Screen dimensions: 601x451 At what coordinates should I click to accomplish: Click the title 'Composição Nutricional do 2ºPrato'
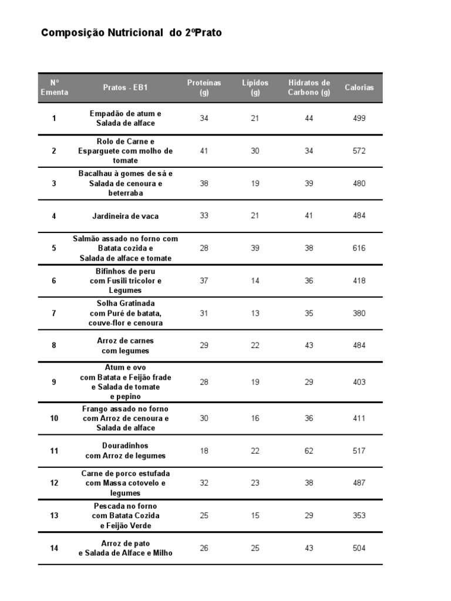(x=132, y=33)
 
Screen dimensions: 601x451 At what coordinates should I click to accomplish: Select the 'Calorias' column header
(x=359, y=87)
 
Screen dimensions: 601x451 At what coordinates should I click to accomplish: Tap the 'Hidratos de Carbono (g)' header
(x=309, y=87)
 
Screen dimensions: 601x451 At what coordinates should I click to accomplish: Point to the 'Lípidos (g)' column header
(x=255, y=87)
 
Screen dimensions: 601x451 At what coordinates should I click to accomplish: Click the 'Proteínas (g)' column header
(x=204, y=87)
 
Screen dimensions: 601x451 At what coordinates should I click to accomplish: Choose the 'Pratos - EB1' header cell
(x=126, y=87)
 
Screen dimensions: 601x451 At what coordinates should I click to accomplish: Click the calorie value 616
(x=359, y=248)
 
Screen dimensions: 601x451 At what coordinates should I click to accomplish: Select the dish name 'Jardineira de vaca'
(x=126, y=216)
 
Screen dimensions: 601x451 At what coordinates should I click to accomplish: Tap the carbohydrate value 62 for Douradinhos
(x=309, y=451)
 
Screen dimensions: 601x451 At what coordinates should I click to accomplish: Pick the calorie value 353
(x=359, y=515)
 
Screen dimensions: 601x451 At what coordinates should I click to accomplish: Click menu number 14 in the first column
(x=54, y=548)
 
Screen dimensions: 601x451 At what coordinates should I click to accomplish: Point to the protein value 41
(x=204, y=151)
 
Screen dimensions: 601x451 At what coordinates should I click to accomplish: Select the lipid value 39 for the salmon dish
(x=255, y=248)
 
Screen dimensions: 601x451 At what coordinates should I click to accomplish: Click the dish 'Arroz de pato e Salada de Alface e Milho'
(x=126, y=548)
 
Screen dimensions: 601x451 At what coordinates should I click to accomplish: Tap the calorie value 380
(x=359, y=313)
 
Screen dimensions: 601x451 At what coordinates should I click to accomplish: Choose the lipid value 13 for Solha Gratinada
(x=255, y=313)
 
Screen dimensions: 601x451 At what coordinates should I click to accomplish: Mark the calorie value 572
(x=359, y=151)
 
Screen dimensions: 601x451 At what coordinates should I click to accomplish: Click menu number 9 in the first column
(x=54, y=382)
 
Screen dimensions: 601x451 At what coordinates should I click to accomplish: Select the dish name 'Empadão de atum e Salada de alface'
(x=126, y=118)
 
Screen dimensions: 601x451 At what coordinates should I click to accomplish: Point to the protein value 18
(x=204, y=451)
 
